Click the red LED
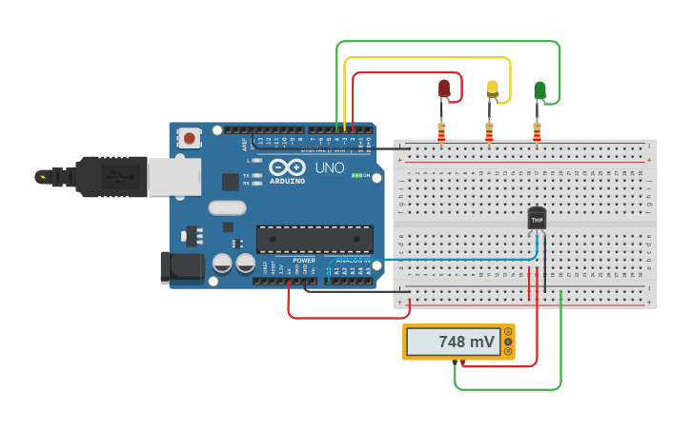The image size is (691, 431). [444, 88]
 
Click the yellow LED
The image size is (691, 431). [492, 88]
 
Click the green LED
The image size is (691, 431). [539, 90]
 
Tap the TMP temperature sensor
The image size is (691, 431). [537, 219]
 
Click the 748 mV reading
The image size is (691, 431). [465, 342]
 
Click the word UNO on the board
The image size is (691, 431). [330, 167]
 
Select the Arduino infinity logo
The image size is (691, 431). [287, 167]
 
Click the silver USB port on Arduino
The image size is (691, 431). [174, 176]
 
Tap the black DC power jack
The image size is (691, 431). [182, 266]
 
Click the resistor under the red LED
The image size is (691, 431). [441, 133]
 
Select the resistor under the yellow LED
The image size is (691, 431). [489, 133]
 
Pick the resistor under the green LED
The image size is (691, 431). [537, 133]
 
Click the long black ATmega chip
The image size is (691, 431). [315, 239]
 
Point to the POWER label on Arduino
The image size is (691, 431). [303, 260]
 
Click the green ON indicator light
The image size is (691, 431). [356, 175]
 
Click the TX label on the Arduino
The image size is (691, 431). [246, 175]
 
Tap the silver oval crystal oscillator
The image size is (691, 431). [227, 207]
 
